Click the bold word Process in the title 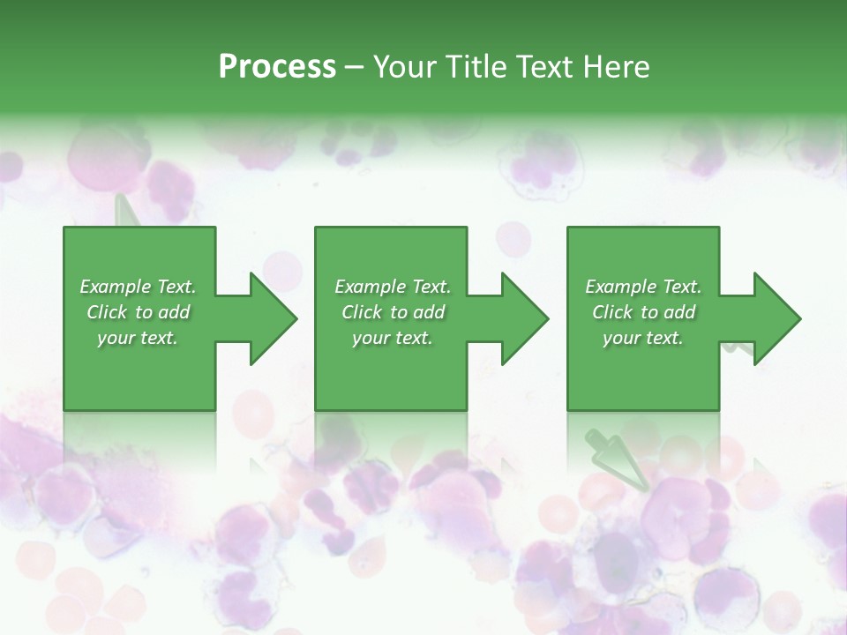click(x=277, y=67)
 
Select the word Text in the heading click(x=539, y=67)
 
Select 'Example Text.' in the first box click(x=138, y=287)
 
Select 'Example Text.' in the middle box click(x=393, y=287)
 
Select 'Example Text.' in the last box click(x=643, y=287)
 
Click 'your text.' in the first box click(x=138, y=338)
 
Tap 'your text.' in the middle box click(x=393, y=338)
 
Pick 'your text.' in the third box click(x=643, y=338)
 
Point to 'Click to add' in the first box click(x=138, y=312)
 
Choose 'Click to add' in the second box click(x=393, y=312)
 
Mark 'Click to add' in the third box click(x=643, y=312)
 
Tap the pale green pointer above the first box click(x=126, y=211)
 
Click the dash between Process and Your click(x=354, y=68)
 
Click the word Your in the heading click(x=402, y=67)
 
